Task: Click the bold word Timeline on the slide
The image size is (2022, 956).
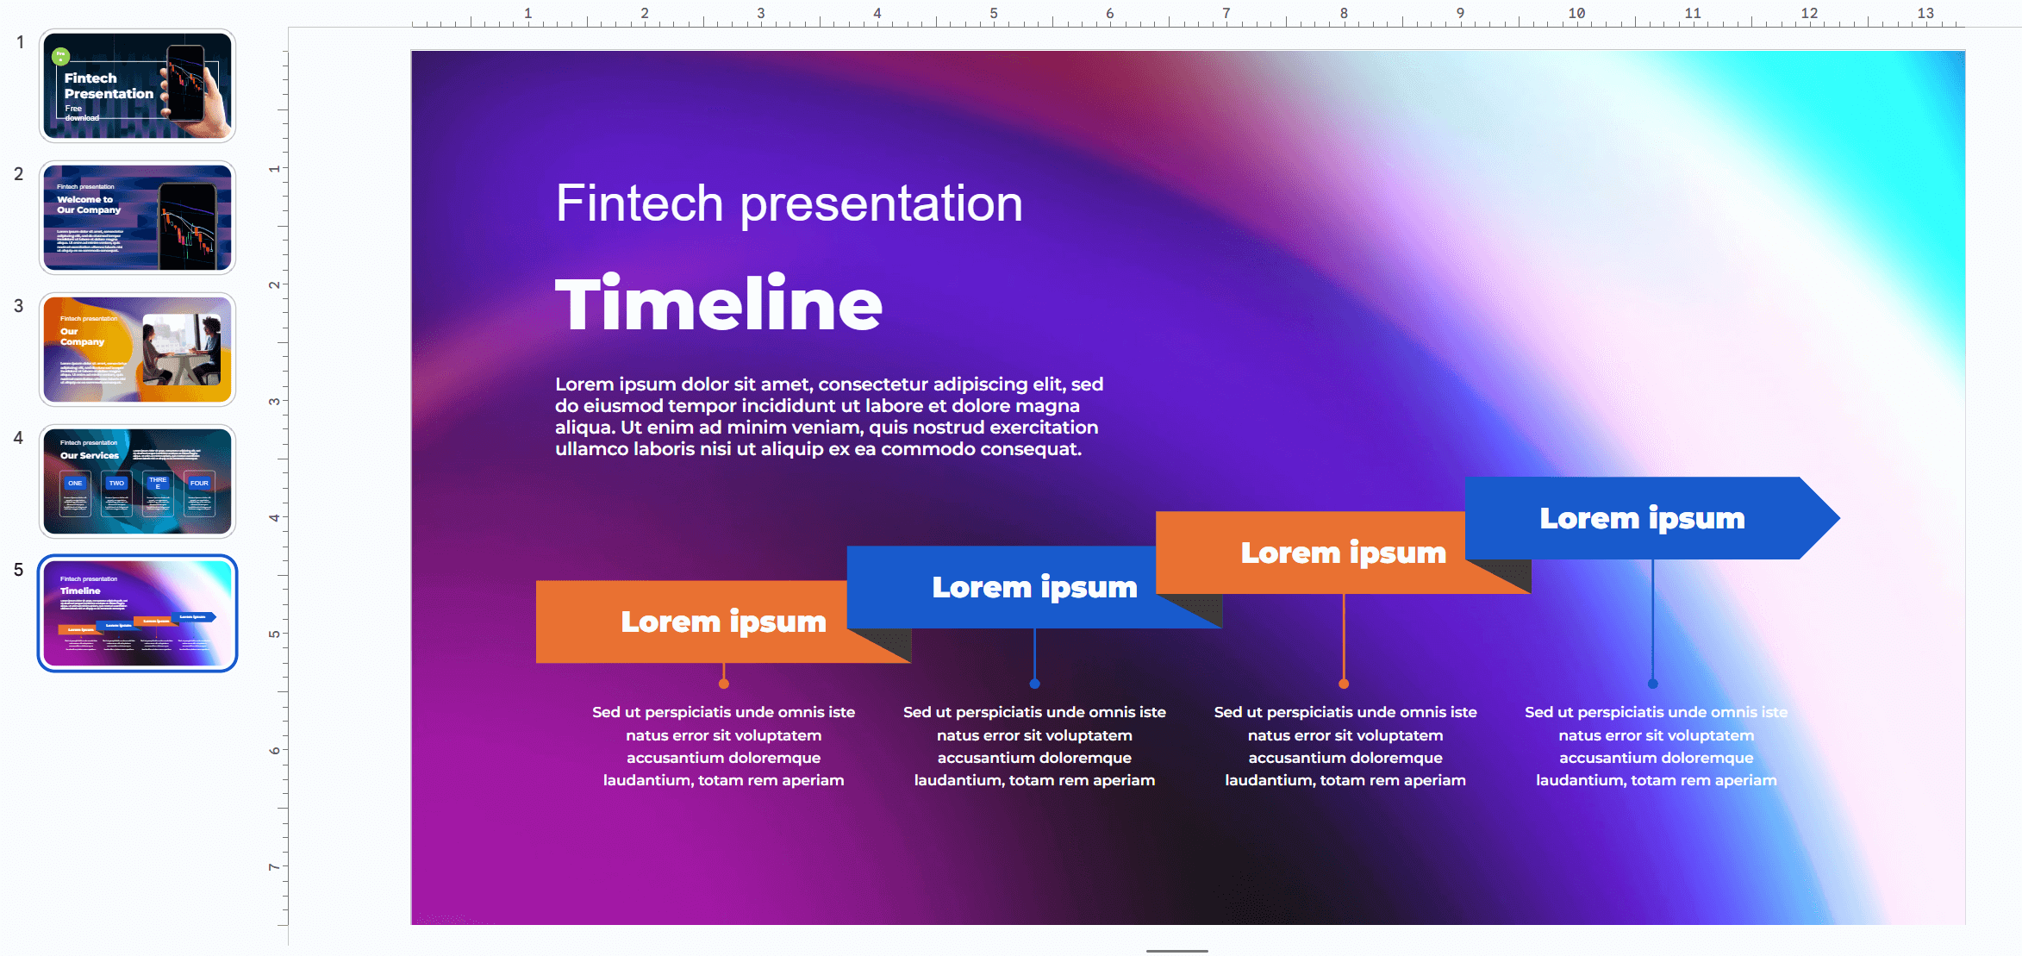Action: [718, 303]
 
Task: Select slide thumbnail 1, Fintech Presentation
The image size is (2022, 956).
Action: [137, 86]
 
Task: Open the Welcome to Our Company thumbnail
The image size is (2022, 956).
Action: [137, 218]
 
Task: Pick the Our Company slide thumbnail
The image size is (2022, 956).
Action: [137, 350]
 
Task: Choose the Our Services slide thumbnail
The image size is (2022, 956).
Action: [137, 482]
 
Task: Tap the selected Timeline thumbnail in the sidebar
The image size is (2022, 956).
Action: [137, 613]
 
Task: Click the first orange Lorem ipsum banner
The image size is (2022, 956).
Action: [690, 622]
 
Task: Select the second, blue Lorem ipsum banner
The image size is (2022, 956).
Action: [1000, 587]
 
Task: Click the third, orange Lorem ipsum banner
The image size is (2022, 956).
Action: [1310, 553]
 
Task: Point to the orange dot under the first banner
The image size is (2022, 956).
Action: [724, 684]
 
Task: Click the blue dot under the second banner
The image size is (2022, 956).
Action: [1034, 684]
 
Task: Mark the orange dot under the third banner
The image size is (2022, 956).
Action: [1344, 684]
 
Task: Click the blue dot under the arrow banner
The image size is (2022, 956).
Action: [1652, 684]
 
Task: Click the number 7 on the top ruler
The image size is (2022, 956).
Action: [1226, 13]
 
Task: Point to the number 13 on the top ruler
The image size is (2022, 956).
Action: [1925, 13]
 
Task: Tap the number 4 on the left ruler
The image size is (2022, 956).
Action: [274, 517]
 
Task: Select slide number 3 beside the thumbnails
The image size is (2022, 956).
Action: [18, 306]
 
